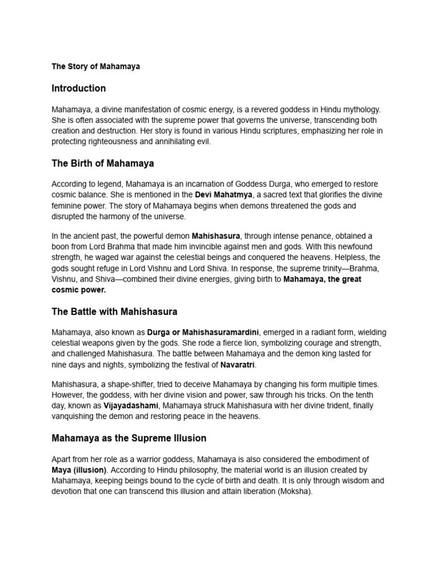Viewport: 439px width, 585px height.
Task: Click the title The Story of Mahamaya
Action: click(x=95, y=66)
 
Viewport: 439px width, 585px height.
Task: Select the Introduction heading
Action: click(x=78, y=88)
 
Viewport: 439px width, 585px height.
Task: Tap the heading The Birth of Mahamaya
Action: click(x=102, y=163)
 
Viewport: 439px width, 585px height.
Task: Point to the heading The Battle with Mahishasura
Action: click(x=114, y=312)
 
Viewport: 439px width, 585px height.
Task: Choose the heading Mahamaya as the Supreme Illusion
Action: click(x=129, y=438)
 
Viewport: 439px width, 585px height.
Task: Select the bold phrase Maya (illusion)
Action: click(x=79, y=470)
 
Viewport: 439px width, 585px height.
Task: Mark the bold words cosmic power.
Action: click(x=79, y=290)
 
